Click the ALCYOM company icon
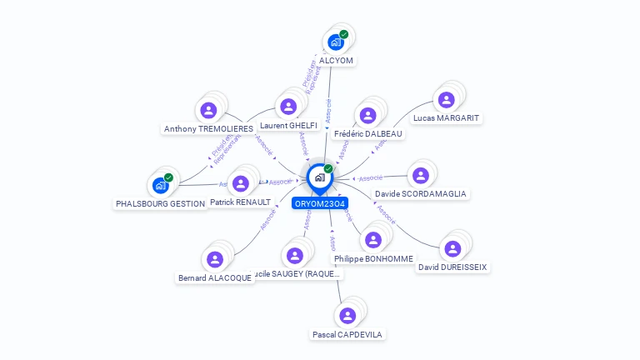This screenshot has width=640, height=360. coord(336,42)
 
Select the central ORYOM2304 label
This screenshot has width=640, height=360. coord(320,203)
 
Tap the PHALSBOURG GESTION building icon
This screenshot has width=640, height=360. coord(161,185)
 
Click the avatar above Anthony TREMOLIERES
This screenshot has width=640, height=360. coord(208,110)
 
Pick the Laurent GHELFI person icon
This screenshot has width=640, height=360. coord(288,107)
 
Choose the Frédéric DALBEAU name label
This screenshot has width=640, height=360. coord(367,133)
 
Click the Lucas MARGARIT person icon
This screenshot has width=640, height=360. coord(446,100)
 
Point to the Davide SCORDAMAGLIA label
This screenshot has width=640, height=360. coord(421,193)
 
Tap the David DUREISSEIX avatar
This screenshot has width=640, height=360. coord(452,248)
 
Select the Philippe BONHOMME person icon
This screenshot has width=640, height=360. coord(373,240)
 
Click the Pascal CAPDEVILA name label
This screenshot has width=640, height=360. coord(347,334)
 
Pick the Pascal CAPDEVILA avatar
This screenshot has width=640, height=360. coord(347,315)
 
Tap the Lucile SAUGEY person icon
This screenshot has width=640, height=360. coord(294,255)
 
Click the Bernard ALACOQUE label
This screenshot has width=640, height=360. coord(215,277)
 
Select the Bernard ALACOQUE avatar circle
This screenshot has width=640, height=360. coord(215,259)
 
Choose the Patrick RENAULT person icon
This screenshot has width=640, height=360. coord(241,183)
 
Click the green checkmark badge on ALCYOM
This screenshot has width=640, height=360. coord(343,35)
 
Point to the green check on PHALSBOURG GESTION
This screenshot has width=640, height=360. coord(168,177)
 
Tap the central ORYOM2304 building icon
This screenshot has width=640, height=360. coord(319,177)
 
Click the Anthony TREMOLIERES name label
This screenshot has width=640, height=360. coord(208,129)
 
